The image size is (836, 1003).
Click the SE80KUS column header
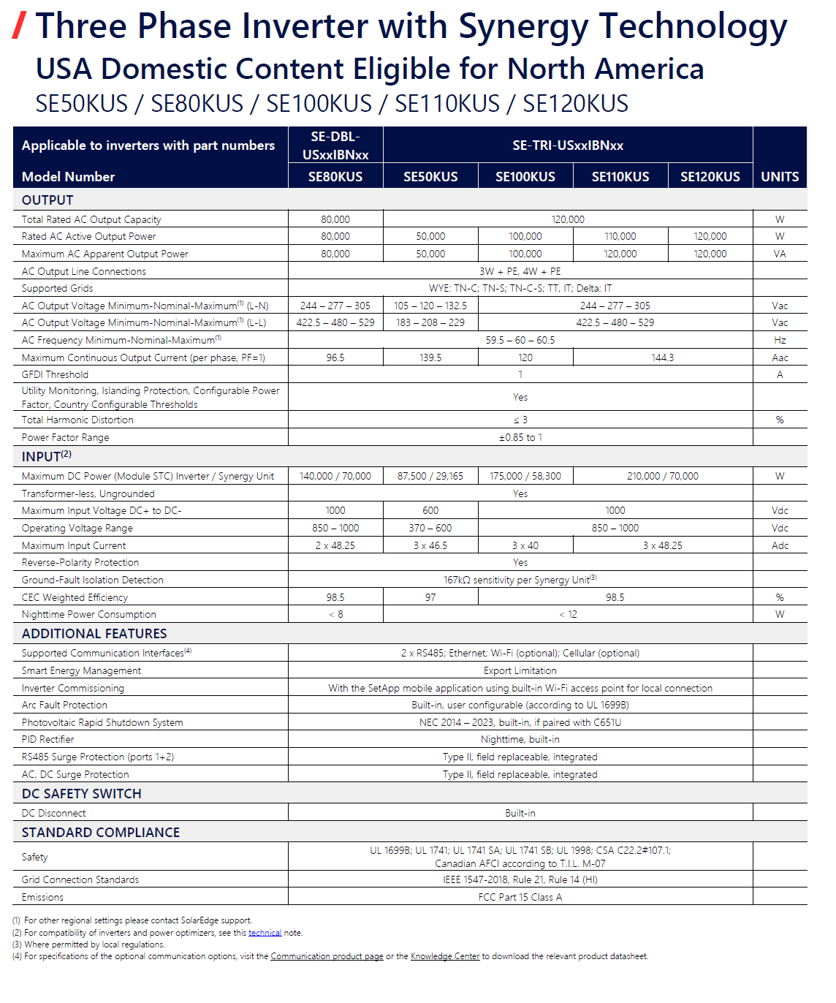coord(335,177)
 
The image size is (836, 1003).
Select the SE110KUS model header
coord(620,177)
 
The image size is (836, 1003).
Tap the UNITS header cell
coord(780,177)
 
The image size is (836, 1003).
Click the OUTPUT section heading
coord(47,200)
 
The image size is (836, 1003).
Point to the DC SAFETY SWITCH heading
coord(82,794)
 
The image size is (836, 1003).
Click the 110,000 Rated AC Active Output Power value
coord(620,237)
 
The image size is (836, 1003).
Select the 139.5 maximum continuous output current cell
coord(430,357)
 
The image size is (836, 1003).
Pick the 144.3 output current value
coord(663,357)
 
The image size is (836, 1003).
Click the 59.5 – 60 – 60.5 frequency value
coord(520,340)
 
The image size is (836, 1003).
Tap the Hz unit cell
coord(780,340)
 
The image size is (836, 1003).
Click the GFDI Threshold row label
coord(56,374)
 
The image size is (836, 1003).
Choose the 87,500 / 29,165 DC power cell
coord(430,476)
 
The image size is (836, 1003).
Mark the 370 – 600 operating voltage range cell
coord(430,528)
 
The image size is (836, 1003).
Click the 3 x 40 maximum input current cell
coord(525,545)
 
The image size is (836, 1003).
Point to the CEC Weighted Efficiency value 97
coord(430,597)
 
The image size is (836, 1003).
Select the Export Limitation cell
coord(520,670)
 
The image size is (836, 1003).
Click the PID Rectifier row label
coord(48,739)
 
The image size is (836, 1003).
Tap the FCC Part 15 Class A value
coord(520,897)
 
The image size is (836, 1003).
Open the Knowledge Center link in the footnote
coord(445,956)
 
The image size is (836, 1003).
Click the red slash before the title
coord(20,26)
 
